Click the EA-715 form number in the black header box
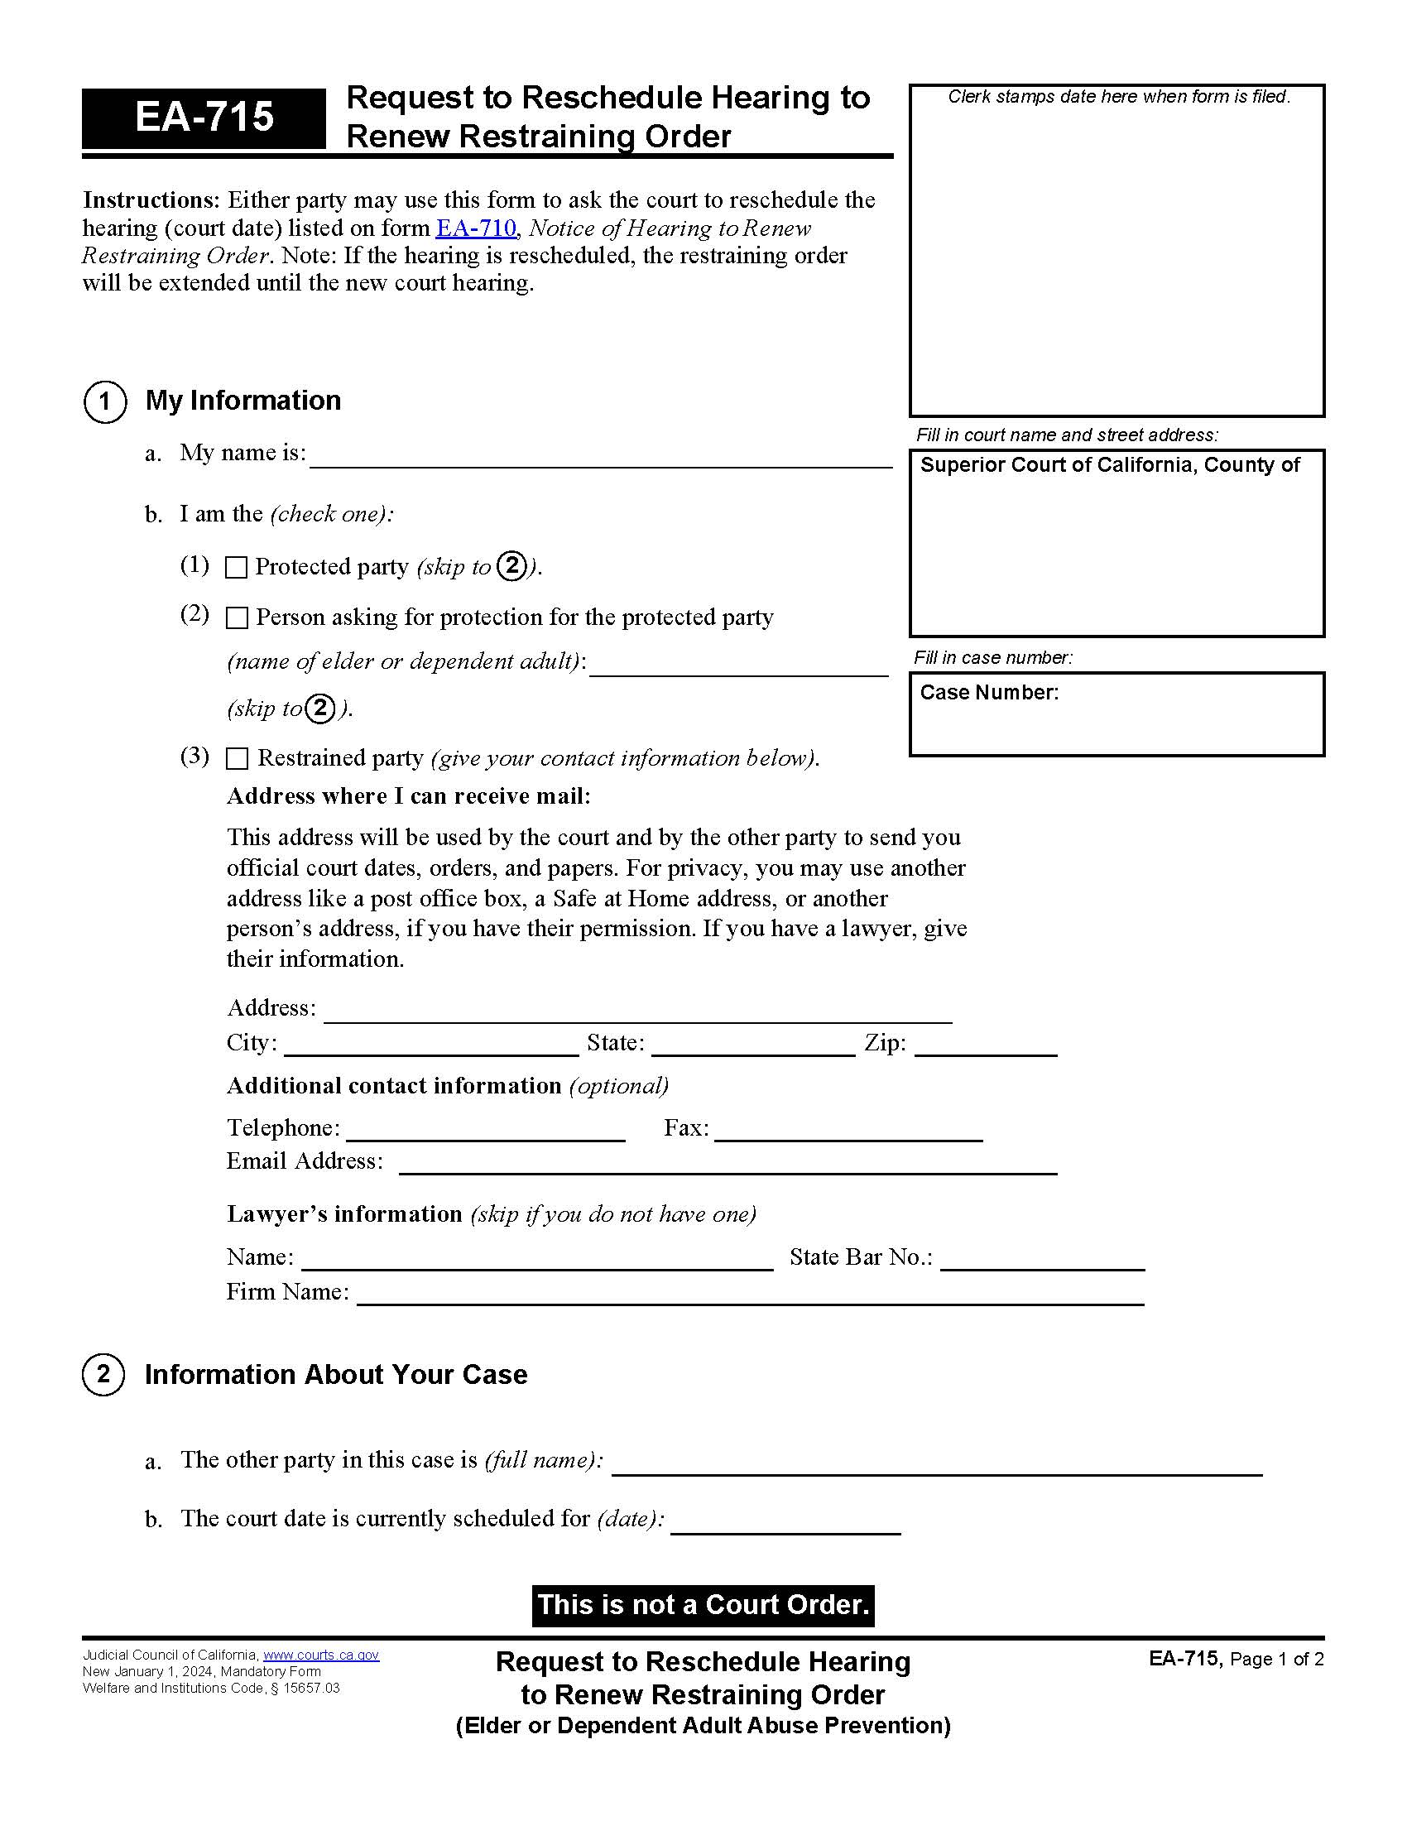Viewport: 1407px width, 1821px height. tap(204, 117)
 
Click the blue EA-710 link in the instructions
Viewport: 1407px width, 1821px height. tap(476, 228)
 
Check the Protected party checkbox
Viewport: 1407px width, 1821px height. tap(237, 568)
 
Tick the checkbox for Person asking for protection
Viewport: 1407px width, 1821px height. tap(238, 617)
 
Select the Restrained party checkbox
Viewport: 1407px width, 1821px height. tap(238, 758)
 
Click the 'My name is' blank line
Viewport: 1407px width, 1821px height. tap(600, 457)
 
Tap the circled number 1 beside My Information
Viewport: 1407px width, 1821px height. tap(105, 402)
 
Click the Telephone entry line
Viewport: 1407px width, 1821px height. tap(485, 1131)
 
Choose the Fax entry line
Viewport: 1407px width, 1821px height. tap(848, 1131)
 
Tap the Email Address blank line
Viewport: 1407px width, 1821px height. tap(727, 1164)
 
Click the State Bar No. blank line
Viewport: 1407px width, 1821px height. tap(1042, 1260)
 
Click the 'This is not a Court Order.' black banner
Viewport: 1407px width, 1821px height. tap(703, 1605)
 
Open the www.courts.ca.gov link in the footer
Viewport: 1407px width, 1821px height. tap(321, 1655)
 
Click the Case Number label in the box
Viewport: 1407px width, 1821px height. tap(988, 693)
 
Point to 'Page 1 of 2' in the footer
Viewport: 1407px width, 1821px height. tap(1276, 1660)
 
